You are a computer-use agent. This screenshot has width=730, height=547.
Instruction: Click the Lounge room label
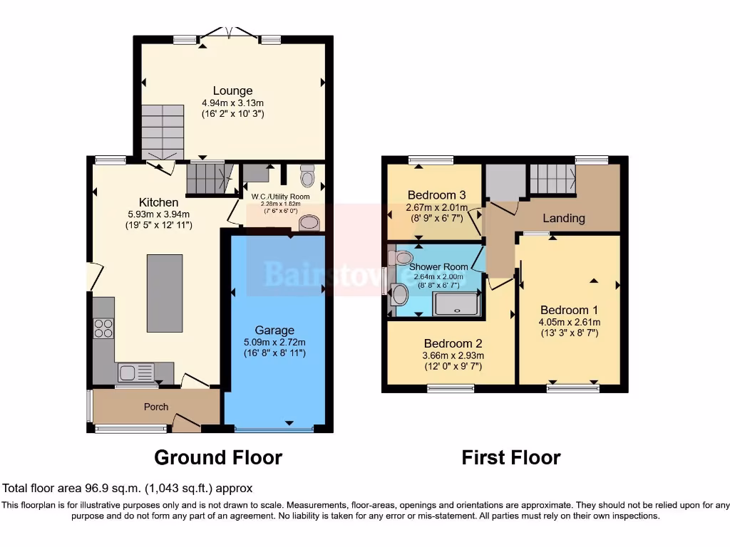pyautogui.click(x=232, y=90)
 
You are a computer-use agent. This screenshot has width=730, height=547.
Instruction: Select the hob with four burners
pyautogui.click(x=103, y=328)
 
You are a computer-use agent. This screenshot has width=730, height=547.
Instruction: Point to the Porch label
pyautogui.click(x=156, y=407)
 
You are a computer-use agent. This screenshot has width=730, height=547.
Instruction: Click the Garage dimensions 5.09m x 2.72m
pyautogui.click(x=274, y=342)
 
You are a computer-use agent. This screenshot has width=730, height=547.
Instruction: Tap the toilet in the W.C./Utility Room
pyautogui.click(x=307, y=175)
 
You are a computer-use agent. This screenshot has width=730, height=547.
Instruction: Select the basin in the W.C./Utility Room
pyautogui.click(x=309, y=223)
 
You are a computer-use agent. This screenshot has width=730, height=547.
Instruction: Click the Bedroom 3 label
pyautogui.click(x=437, y=195)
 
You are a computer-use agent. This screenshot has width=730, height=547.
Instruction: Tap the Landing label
pyautogui.click(x=563, y=218)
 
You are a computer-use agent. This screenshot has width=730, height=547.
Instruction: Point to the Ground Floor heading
pyautogui.click(x=218, y=457)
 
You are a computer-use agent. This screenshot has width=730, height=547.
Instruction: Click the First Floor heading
pyautogui.click(x=511, y=457)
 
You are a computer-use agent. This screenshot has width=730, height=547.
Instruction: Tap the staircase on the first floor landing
pyautogui.click(x=552, y=177)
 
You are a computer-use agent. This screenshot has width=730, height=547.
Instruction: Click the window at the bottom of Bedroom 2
pyautogui.click(x=451, y=389)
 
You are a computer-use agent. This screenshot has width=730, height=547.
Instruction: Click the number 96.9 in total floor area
pyautogui.click(x=96, y=489)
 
